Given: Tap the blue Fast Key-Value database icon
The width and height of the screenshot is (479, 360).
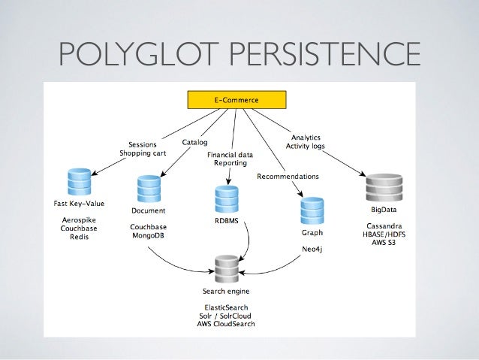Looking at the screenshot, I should click(x=78, y=182).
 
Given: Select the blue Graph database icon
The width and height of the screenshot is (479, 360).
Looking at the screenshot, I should click(x=311, y=211).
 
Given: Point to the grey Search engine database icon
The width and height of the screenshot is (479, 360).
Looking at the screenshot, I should click(x=226, y=269).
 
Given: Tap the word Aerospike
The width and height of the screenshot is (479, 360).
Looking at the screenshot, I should click(x=78, y=221).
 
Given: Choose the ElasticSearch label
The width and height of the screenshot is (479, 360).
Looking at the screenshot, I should click(x=226, y=307).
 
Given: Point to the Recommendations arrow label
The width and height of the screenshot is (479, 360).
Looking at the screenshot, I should click(x=288, y=176).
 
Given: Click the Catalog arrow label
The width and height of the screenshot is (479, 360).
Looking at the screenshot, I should click(x=196, y=141).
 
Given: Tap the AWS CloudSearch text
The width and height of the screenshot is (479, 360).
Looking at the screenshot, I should click(x=226, y=325).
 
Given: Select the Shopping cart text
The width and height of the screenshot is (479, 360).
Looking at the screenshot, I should click(x=143, y=153).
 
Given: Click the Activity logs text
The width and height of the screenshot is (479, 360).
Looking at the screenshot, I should click(x=306, y=147).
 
